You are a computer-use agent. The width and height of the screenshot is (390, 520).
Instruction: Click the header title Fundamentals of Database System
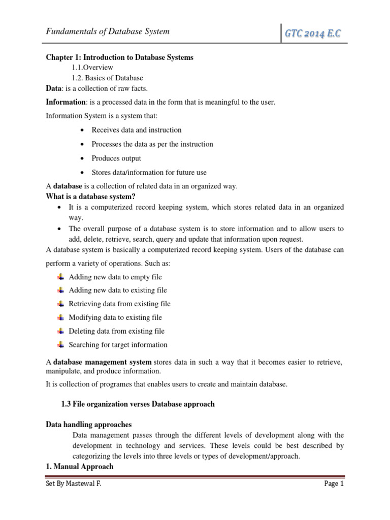tap(108, 31)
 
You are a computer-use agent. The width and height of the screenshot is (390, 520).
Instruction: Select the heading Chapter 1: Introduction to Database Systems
tap(119, 57)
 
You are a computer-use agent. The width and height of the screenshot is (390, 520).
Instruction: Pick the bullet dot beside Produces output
tap(82, 158)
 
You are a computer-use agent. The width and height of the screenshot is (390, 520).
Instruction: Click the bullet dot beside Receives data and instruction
tap(82, 130)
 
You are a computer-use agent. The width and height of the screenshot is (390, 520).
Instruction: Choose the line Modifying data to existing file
tap(115, 317)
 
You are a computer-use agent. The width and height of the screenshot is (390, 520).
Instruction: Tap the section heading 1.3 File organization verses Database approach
tap(138, 404)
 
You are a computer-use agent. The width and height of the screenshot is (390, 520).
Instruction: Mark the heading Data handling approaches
tap(89, 425)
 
